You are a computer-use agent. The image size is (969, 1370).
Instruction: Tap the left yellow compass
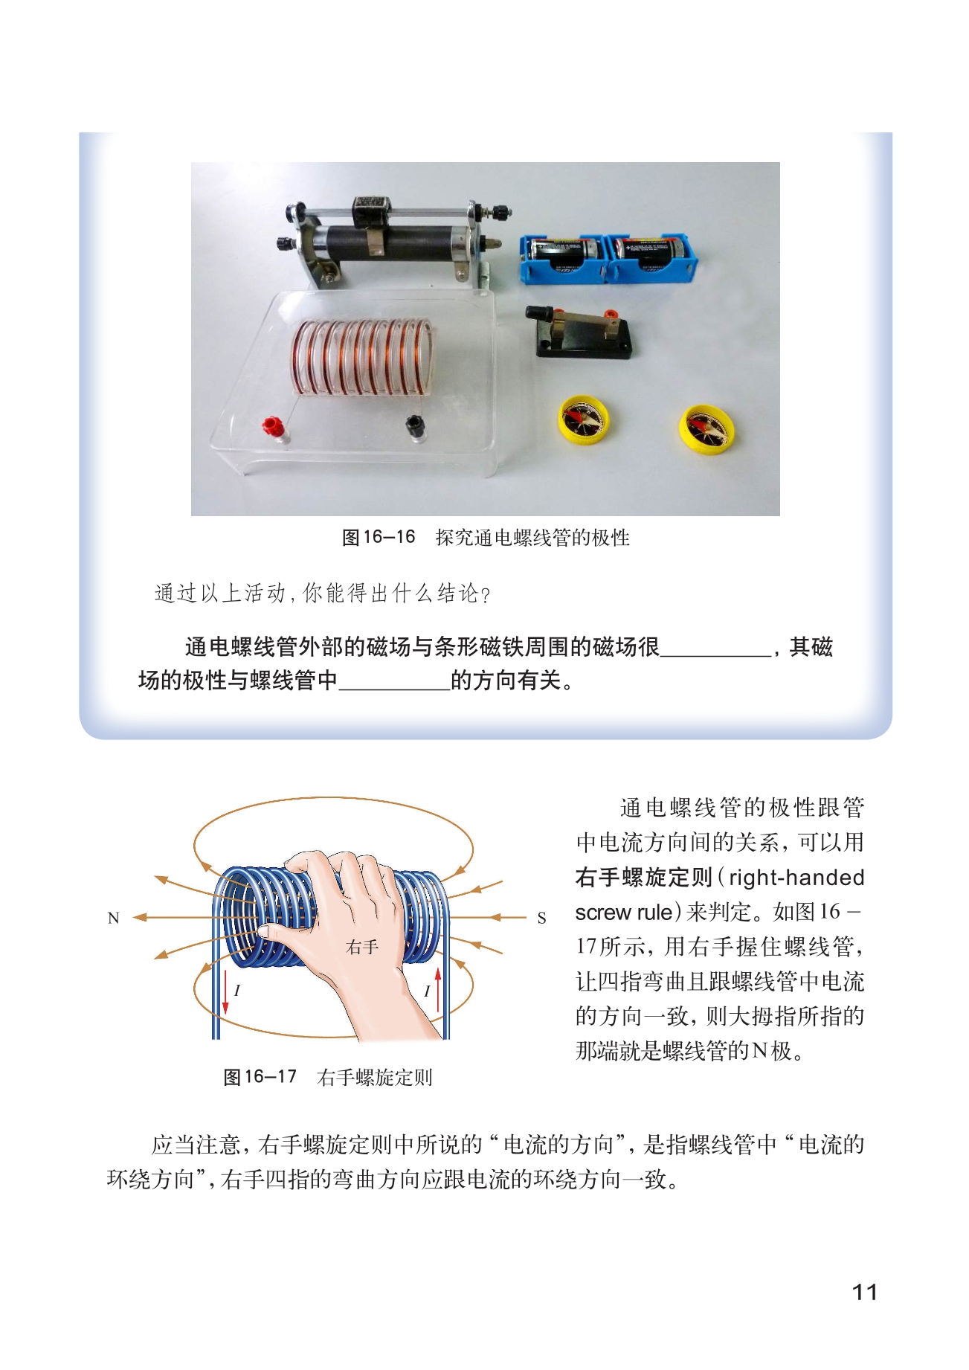click(585, 419)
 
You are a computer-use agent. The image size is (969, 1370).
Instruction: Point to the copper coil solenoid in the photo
click(362, 356)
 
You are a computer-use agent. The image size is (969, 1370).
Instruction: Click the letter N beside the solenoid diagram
click(114, 918)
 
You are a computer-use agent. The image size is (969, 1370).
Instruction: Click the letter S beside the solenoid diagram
click(541, 919)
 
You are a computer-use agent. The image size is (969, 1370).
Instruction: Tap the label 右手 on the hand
click(362, 947)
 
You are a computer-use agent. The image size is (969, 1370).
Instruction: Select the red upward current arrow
click(438, 989)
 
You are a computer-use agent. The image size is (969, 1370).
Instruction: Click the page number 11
click(865, 1292)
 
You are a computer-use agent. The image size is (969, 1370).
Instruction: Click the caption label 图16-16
click(379, 537)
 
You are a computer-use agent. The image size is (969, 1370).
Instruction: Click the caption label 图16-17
click(260, 1077)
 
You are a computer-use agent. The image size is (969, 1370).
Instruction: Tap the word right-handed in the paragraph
click(796, 878)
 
